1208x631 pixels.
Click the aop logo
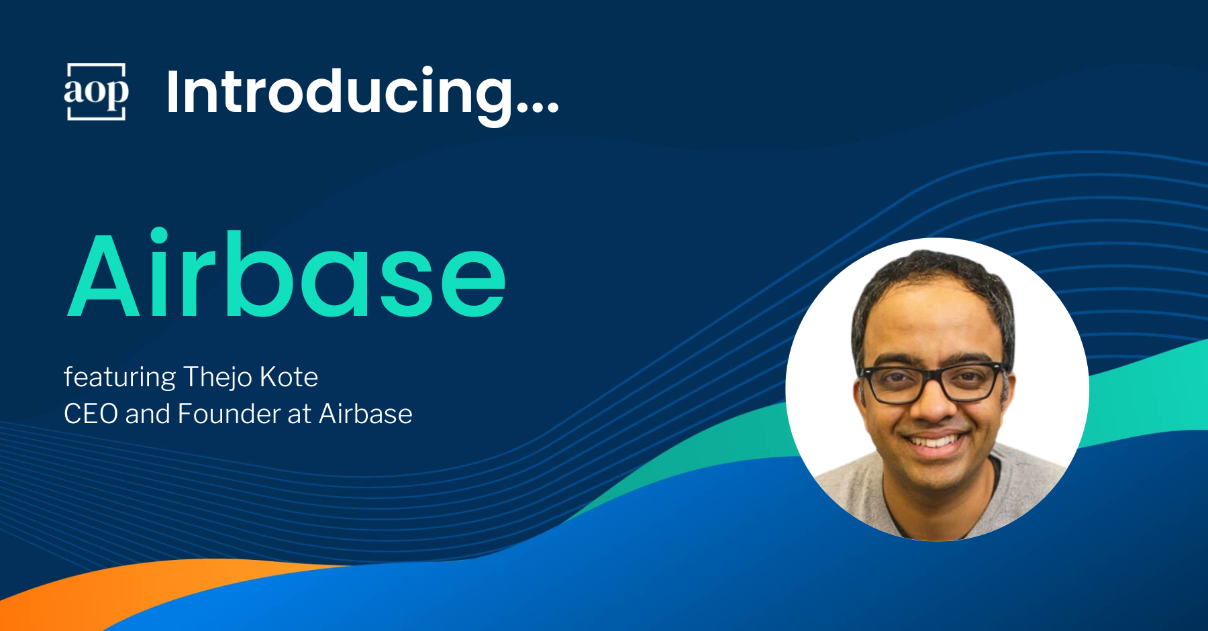click(96, 92)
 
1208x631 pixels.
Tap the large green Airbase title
click(287, 274)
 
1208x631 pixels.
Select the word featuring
click(120, 378)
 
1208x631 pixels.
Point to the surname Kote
click(289, 377)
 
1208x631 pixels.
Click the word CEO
click(91, 414)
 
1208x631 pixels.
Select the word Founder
click(229, 414)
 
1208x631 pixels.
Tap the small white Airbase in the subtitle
click(366, 414)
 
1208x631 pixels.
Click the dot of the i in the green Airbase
click(159, 235)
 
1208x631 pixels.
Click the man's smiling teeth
click(934, 441)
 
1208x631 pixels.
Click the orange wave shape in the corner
click(134, 590)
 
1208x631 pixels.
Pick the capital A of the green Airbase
click(103, 275)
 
